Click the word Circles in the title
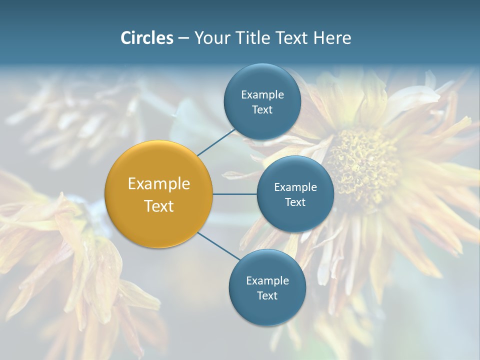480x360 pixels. coord(146,38)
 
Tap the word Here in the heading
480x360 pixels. coord(332,38)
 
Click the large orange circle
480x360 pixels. coord(159,194)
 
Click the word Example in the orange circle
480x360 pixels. coord(159,184)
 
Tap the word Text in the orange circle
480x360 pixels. coord(159,206)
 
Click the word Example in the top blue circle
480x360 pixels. coord(262,95)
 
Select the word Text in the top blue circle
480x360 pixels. coord(262,110)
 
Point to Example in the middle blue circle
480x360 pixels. coord(295,187)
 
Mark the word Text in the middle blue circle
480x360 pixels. coord(295,202)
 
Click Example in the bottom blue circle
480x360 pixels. coord(267,281)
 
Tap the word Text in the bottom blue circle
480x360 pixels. coord(267,296)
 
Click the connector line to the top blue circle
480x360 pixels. coord(216,142)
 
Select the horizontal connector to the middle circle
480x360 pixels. coord(235,194)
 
